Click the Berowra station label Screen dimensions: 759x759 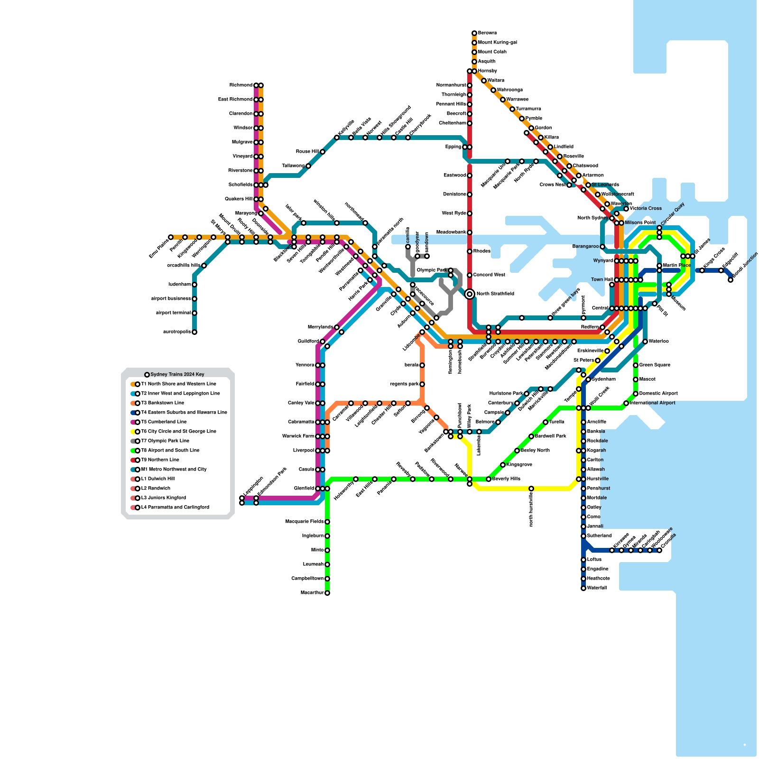pos(487,33)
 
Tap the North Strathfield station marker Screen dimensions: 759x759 pos(470,294)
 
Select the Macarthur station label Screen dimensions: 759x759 pos(312,593)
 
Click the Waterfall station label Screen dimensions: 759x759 pos(597,588)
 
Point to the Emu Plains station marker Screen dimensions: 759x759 pos(171,237)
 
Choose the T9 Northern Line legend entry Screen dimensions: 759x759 pos(160,460)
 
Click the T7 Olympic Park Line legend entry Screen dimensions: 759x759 pos(165,441)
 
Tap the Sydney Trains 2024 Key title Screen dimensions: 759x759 pos(177,375)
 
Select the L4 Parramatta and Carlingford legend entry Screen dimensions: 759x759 pos(175,508)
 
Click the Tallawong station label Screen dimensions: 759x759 pos(293,166)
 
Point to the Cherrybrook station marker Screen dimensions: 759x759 pos(408,138)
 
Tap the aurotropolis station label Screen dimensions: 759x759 pos(176,332)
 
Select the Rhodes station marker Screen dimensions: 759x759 pos(470,251)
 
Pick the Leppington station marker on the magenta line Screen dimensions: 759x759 pos(242,498)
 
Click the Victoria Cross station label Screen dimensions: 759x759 pos(646,209)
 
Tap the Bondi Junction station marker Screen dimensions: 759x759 pos(731,280)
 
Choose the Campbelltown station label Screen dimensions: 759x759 pos(307,579)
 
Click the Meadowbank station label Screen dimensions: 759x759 pos(451,232)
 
